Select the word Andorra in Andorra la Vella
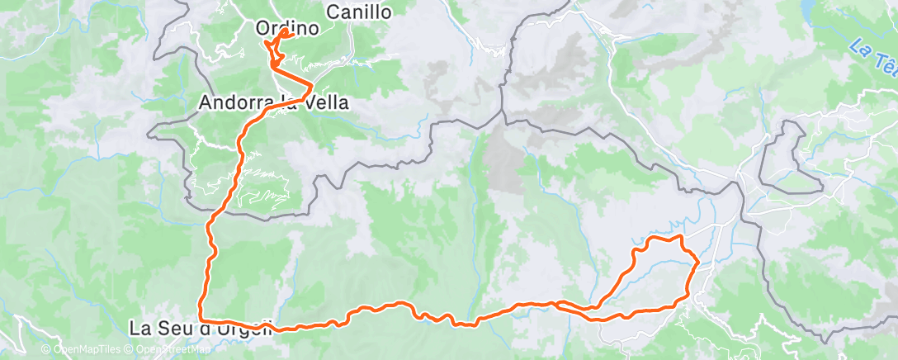(234, 103)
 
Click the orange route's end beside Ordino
(292, 35)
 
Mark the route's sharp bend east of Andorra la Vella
(311, 86)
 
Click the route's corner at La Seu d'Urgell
(202, 320)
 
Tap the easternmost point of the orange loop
(698, 263)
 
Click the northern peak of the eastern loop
(679, 237)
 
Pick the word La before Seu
(142, 328)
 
